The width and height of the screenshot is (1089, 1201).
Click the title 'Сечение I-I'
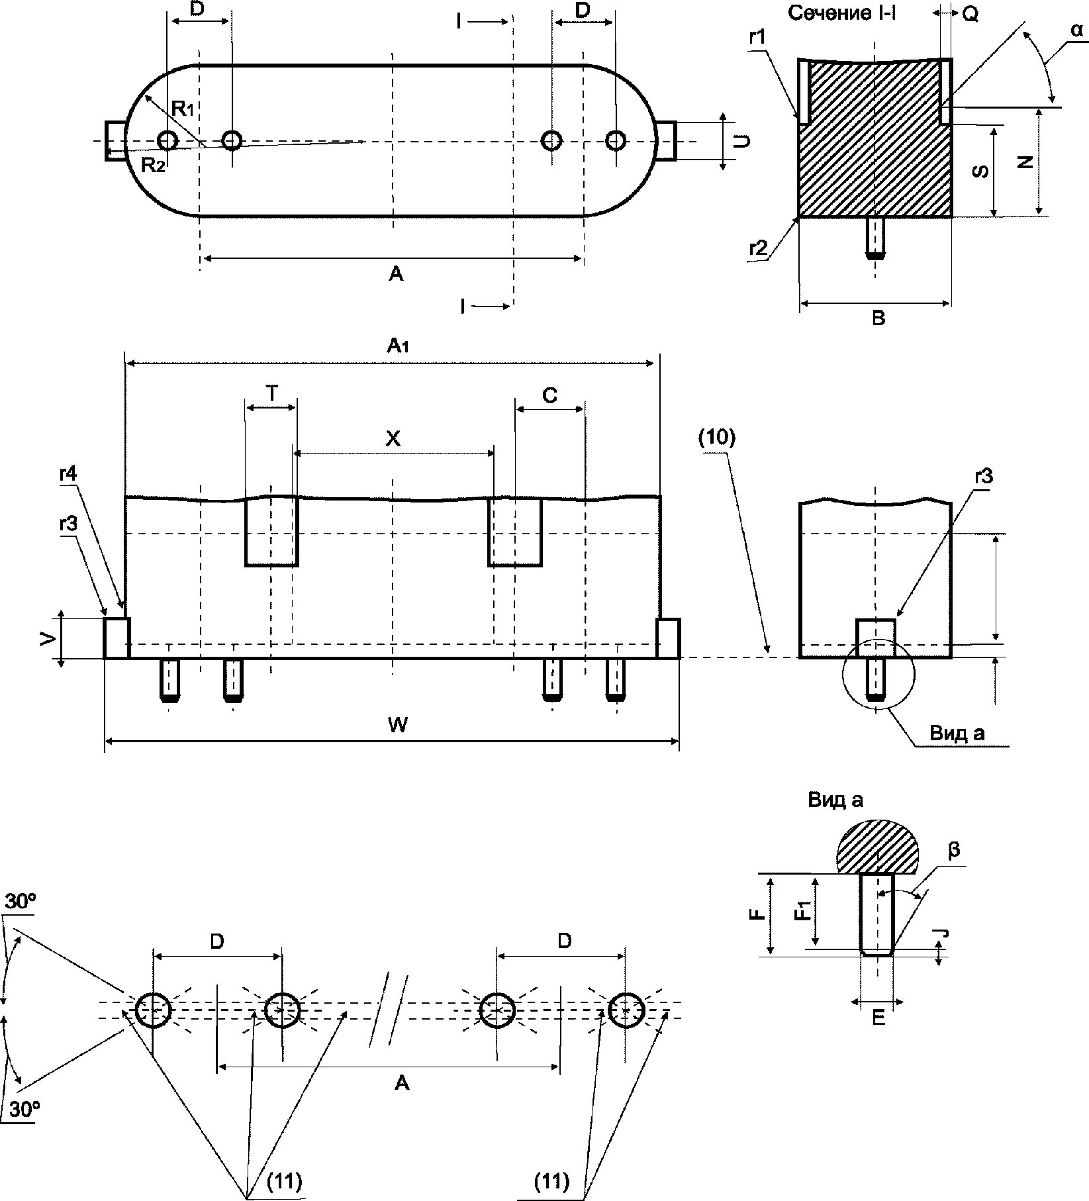click(x=842, y=14)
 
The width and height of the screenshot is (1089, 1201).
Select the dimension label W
click(x=397, y=726)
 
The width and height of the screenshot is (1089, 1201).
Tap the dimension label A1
click(x=399, y=346)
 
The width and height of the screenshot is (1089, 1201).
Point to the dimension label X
click(x=393, y=439)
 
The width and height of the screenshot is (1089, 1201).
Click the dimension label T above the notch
click(x=272, y=393)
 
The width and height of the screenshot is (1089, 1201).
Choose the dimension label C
click(x=549, y=395)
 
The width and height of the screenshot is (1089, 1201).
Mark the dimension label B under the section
click(x=878, y=318)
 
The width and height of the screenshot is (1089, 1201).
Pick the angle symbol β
click(x=954, y=850)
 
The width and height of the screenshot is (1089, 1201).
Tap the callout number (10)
click(x=716, y=440)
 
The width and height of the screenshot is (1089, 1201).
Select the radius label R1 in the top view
click(x=183, y=107)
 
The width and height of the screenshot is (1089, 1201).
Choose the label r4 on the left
click(x=68, y=475)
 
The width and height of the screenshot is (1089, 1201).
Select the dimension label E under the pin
click(x=878, y=1018)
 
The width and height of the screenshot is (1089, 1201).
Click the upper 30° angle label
click(x=20, y=902)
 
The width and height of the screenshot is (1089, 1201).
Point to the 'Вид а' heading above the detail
click(x=835, y=800)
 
